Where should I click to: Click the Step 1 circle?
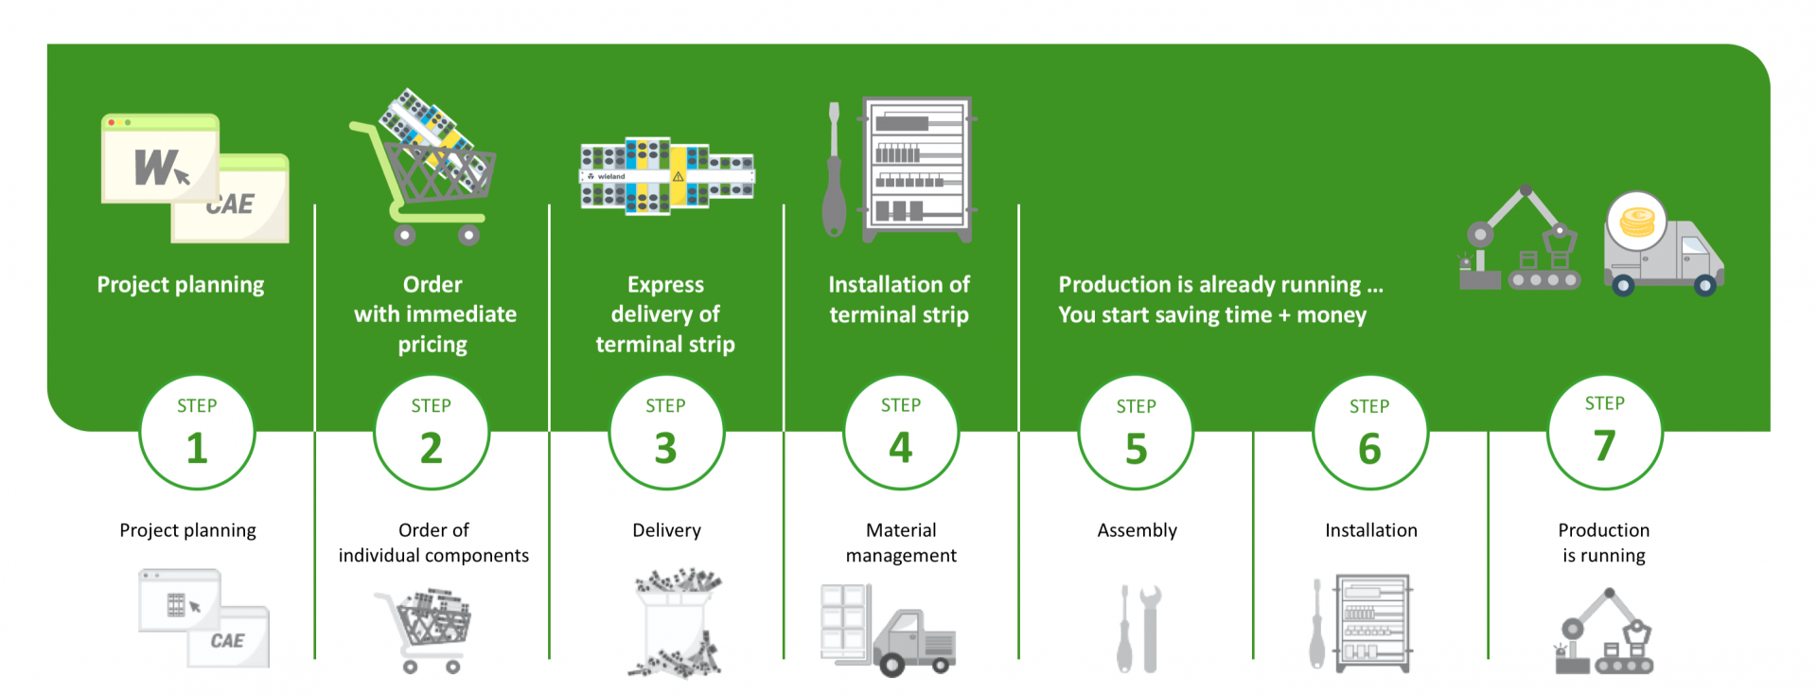click(x=197, y=432)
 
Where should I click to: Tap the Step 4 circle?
click(x=901, y=432)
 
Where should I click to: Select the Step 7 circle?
click(x=1605, y=432)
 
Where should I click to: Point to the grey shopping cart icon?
click(x=424, y=630)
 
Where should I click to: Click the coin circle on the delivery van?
click(x=1637, y=222)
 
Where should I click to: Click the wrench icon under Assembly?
click(x=1150, y=628)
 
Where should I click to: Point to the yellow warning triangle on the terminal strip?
click(x=679, y=176)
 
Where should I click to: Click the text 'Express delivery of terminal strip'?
click(x=665, y=314)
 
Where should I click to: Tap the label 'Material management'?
click(x=901, y=543)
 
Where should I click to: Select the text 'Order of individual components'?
click(x=433, y=543)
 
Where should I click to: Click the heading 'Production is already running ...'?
click(x=1221, y=284)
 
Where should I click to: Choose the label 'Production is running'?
click(x=1604, y=543)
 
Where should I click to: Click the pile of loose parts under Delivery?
click(x=676, y=623)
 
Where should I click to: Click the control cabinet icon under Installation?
click(x=1373, y=623)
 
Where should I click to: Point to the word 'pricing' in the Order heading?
click(x=432, y=345)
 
